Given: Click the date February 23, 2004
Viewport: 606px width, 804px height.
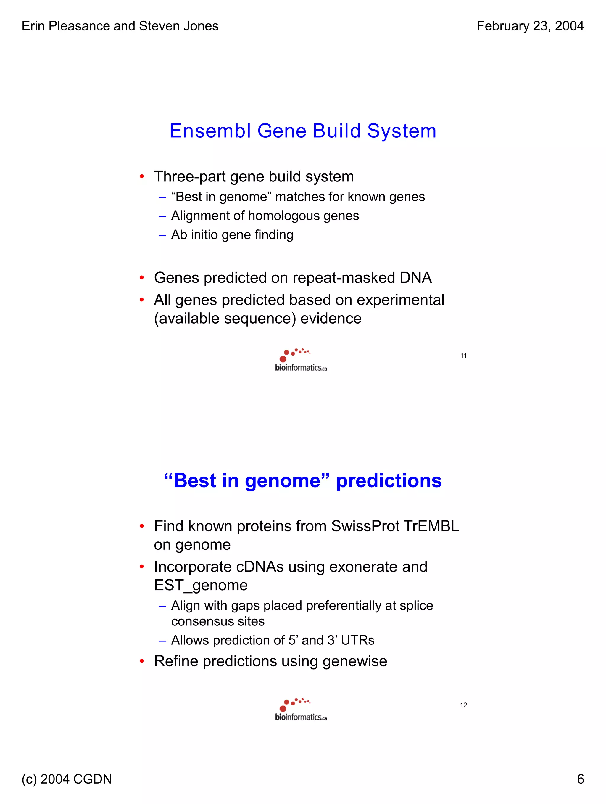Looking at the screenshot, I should pos(530,26).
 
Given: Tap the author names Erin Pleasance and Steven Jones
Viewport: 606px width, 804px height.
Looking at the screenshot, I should pos(120,26).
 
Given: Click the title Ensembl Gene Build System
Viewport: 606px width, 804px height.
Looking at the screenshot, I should pos(303,131).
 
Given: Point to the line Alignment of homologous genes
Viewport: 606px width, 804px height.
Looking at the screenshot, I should pos(265,216).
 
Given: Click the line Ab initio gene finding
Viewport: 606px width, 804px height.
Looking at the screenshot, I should pos(232,235).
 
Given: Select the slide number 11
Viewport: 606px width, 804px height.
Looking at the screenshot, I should pos(463,356).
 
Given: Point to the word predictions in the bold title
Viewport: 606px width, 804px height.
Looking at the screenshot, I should pos(389,480).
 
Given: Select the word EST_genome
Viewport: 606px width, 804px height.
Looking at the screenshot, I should pos(201,585).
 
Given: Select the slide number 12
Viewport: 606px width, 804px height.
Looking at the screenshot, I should pos(463,705).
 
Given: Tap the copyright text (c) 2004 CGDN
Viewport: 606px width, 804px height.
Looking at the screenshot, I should pos(67,779).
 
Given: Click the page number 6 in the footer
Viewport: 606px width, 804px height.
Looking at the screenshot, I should pos(580,779).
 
